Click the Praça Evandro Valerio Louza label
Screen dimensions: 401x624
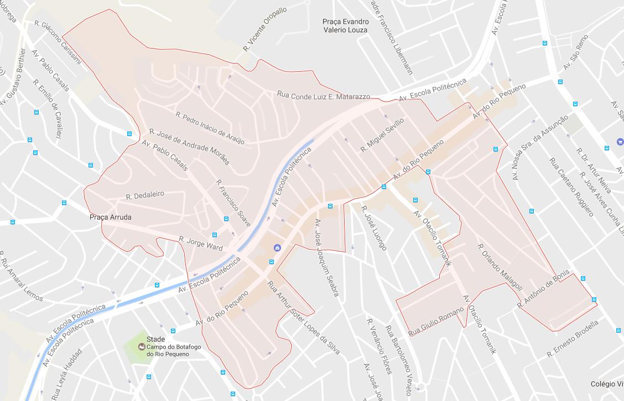(x=345, y=26)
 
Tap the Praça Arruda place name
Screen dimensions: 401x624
(x=111, y=218)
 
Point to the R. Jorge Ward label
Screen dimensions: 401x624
(x=200, y=243)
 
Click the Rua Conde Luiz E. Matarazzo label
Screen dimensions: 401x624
(x=324, y=96)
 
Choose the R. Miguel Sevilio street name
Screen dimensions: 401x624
(x=382, y=135)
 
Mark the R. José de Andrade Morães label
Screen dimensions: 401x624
(x=189, y=147)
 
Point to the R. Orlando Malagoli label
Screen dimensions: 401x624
(x=500, y=267)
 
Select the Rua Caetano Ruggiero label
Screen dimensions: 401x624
(x=570, y=187)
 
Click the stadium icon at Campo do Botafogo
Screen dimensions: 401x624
(x=142, y=347)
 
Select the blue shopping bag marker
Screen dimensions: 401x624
(x=277, y=249)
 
